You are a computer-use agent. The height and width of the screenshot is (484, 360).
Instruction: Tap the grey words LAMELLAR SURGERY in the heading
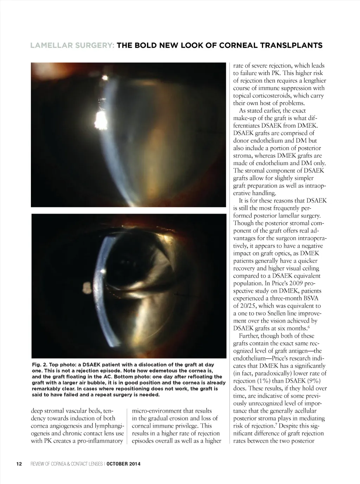(x=72, y=46)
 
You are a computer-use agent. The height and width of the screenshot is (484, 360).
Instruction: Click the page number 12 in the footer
(x=19, y=464)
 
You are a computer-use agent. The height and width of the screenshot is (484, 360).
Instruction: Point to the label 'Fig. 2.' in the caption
(x=40, y=365)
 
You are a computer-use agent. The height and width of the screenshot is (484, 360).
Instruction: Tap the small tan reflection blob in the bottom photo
(x=86, y=289)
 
